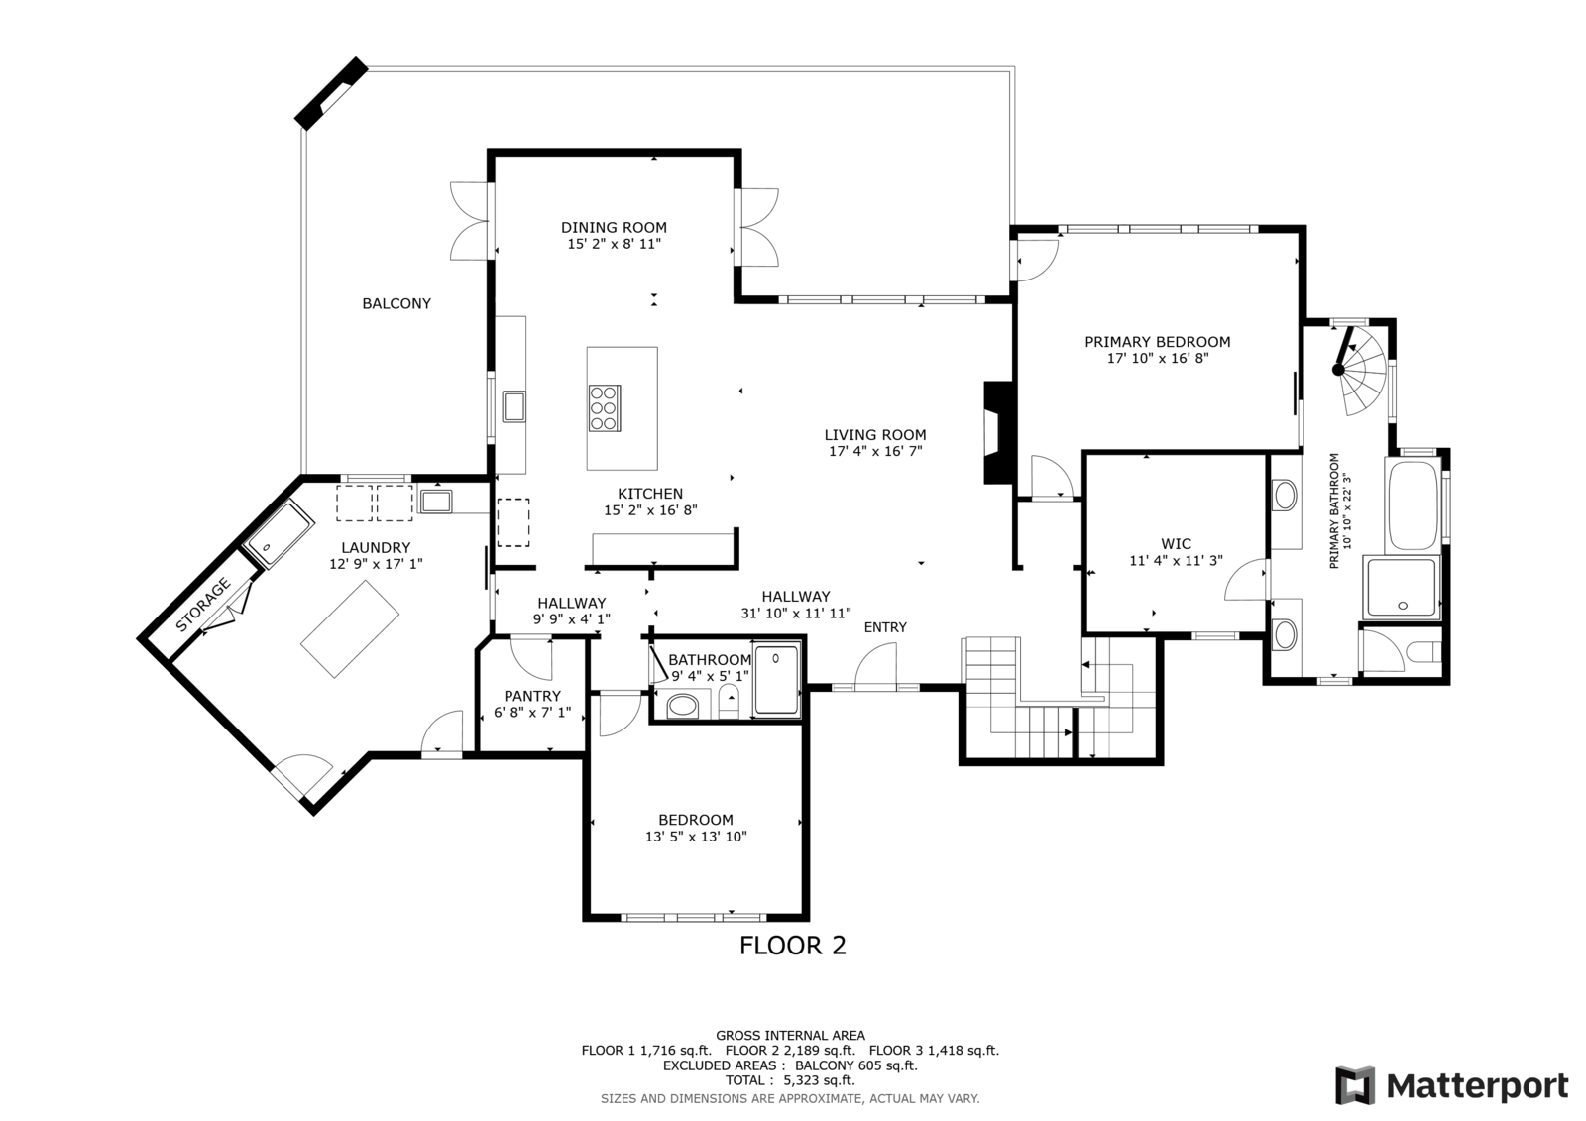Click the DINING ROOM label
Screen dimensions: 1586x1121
coord(614,227)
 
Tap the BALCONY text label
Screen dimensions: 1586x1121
coord(396,304)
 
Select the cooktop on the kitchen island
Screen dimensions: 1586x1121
coord(605,408)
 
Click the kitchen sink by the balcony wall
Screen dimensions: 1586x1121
coord(513,406)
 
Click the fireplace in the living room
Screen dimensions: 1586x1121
coord(997,433)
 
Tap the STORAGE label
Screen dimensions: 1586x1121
coord(203,605)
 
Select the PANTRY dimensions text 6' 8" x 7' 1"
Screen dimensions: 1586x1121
coord(532,713)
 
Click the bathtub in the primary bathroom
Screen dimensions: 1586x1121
coord(1413,505)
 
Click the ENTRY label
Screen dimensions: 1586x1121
coord(885,627)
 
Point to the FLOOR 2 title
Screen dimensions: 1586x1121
coord(793,946)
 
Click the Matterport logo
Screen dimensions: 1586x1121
coord(1451,1085)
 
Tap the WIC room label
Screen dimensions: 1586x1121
coord(1176,544)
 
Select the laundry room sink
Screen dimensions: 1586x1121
coord(436,501)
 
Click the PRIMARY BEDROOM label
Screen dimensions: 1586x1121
coord(1158,342)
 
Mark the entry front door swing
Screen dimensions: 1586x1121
coord(875,665)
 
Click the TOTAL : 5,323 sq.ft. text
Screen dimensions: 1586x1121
coord(790,1080)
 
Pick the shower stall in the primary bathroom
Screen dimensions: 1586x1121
coord(1403,587)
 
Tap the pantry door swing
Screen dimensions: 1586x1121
coord(531,659)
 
